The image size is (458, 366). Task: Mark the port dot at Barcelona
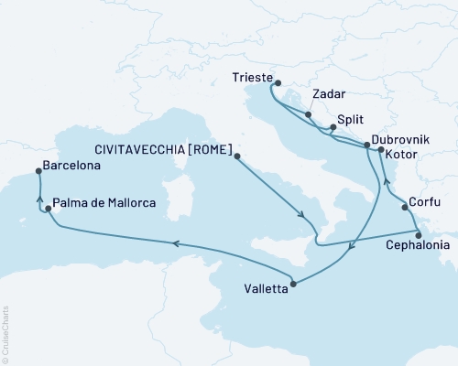38,169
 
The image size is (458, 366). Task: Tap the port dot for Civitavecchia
237,156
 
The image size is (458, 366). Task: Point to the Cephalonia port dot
419,233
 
